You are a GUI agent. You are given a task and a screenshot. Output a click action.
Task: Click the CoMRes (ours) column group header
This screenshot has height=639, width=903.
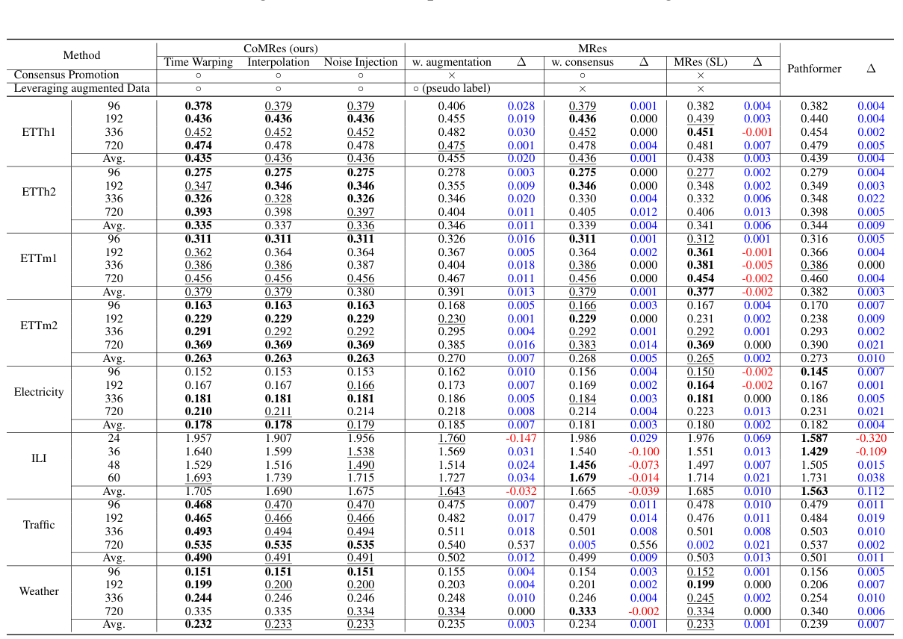[x=281, y=49]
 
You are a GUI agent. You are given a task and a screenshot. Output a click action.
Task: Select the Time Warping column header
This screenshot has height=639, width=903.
[x=199, y=62]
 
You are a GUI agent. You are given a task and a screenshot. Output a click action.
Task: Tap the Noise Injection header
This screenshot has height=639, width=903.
[x=360, y=62]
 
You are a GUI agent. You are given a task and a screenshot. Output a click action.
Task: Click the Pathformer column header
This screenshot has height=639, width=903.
[x=814, y=69]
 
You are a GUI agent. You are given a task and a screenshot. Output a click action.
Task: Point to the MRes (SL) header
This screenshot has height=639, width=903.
[x=701, y=62]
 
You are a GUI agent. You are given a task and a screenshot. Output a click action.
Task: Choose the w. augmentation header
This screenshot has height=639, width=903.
[x=452, y=62]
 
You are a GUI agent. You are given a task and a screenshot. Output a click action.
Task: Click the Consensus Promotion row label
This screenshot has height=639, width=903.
[x=66, y=75]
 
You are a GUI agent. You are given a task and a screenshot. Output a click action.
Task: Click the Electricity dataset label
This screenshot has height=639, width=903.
[x=39, y=392]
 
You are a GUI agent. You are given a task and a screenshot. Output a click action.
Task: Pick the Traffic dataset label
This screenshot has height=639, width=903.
[x=39, y=525]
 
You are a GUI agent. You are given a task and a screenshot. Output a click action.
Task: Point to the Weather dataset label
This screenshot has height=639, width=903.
[x=39, y=591]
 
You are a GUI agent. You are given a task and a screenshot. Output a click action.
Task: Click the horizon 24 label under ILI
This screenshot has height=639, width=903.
[x=114, y=438]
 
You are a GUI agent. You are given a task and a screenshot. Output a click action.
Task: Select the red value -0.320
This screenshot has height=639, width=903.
[x=871, y=438]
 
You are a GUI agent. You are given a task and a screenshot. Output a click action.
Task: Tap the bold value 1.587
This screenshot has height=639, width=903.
[x=814, y=438]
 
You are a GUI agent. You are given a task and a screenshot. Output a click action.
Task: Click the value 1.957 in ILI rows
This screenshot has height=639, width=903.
[x=199, y=438]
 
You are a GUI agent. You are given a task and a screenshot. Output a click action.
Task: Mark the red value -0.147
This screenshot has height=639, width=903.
[x=521, y=438]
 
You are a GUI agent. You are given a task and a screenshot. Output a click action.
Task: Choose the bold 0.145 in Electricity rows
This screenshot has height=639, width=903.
[x=814, y=372]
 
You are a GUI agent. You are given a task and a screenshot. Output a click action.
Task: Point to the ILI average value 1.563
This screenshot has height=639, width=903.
[x=814, y=491]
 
